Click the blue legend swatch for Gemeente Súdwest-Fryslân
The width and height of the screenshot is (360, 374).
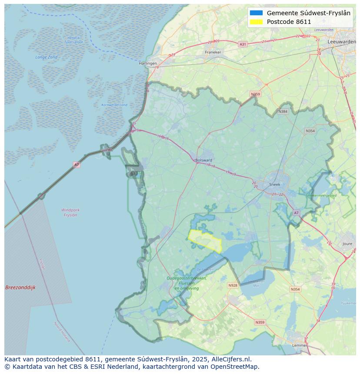[x=257, y=13]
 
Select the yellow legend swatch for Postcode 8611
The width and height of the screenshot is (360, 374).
[x=257, y=22]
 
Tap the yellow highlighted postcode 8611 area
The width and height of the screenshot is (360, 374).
[x=205, y=240]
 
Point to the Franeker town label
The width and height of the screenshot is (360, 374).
[x=213, y=52]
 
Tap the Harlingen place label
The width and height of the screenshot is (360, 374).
[x=148, y=63]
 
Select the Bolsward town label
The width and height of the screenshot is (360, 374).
[x=203, y=160]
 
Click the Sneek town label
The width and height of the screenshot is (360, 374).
[x=275, y=184]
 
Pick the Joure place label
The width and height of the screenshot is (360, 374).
[x=347, y=244]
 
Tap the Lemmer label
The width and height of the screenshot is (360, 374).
[x=300, y=345]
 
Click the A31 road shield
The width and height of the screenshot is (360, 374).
[x=243, y=44]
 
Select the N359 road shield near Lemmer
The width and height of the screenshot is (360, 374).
[x=260, y=322]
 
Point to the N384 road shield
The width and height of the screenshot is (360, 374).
[x=283, y=111]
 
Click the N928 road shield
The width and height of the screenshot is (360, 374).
[x=233, y=285]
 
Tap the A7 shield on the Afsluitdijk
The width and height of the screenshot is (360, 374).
[x=77, y=165]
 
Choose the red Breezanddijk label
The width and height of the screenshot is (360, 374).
[x=20, y=288]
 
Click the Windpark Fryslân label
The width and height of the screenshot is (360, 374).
[x=70, y=212]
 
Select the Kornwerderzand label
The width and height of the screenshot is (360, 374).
[x=114, y=105]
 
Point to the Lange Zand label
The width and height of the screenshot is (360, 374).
[x=46, y=57]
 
